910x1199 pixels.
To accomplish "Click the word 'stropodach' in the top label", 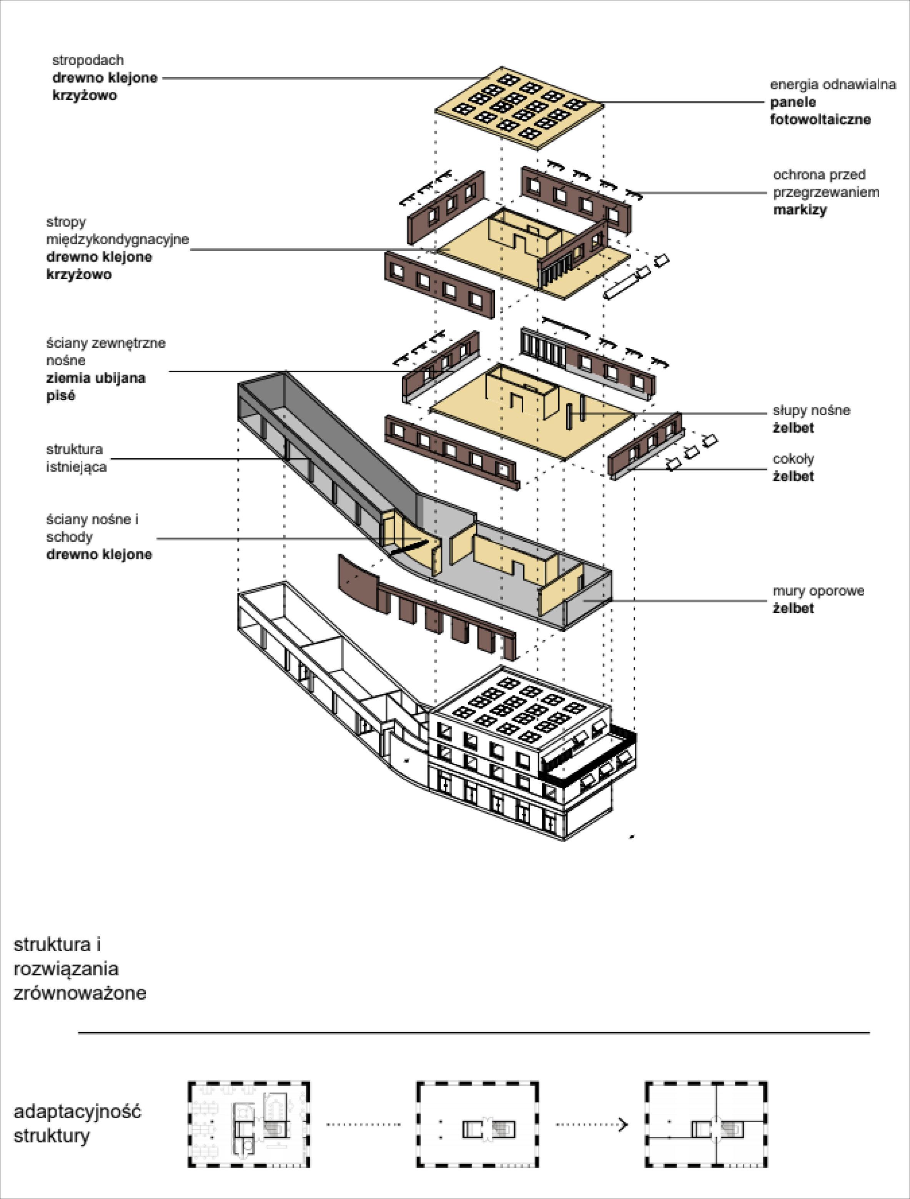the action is [88, 60].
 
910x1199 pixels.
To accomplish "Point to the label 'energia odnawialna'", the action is [832, 85].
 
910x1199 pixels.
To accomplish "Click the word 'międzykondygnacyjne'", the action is [118, 239].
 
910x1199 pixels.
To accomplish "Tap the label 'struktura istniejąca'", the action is [77, 458].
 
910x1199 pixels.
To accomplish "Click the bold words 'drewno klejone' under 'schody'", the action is [99, 554].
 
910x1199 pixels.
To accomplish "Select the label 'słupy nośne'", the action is [811, 410].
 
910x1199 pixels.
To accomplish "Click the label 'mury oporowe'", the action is [818, 591].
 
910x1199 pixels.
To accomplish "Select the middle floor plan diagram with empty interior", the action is [477, 1125].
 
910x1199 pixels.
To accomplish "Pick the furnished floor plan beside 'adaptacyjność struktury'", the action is [249, 1125].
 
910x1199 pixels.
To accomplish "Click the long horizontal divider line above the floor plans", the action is [473, 1033].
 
